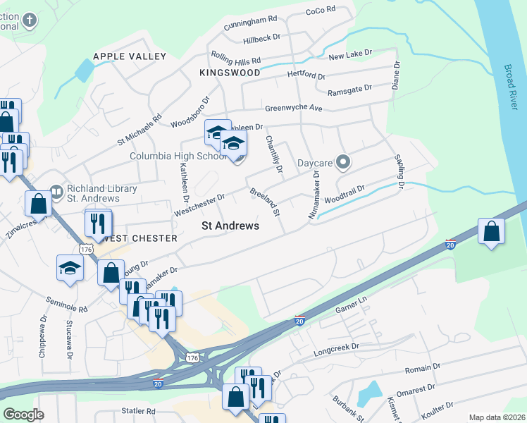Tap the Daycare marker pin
pos(343,163)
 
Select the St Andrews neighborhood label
pos(230,226)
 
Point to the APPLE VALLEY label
pos(130,56)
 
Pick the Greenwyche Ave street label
pos(293,109)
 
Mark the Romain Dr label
pos(422,368)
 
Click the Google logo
pos(23,415)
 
